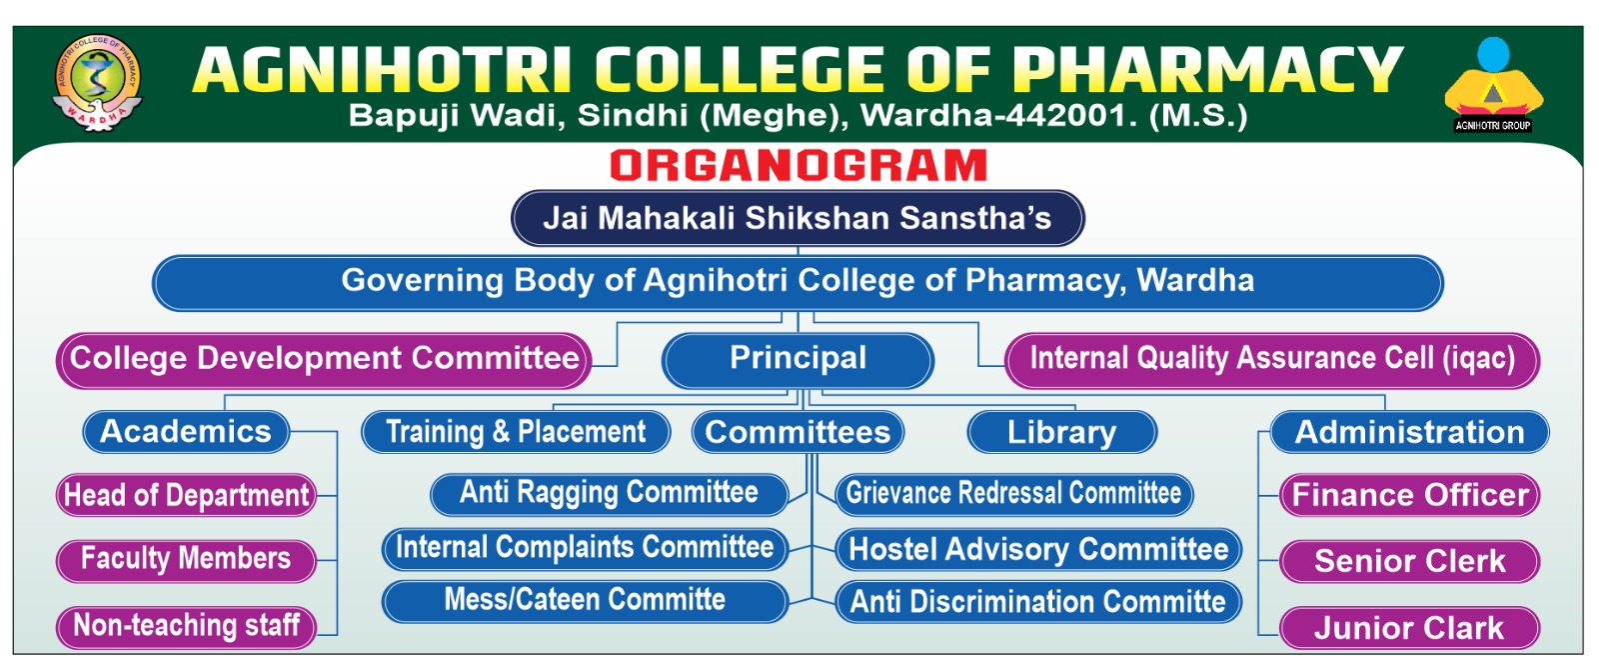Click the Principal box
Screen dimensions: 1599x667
pyautogui.click(x=798, y=361)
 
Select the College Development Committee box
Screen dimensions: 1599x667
pyautogui.click(x=324, y=361)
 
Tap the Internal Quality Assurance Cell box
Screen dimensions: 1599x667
pyautogui.click(x=1272, y=361)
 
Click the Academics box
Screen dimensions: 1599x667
pyautogui.click(x=186, y=432)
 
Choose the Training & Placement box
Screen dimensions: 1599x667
pyautogui.click(x=516, y=432)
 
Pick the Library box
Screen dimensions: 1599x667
pyautogui.click(x=1061, y=432)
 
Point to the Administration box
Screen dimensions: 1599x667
pyautogui.click(x=1409, y=432)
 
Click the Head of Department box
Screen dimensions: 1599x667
pyautogui.click(x=186, y=495)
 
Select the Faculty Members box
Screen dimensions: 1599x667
pyautogui.click(x=186, y=561)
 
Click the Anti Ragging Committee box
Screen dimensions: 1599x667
pyautogui.click(x=609, y=494)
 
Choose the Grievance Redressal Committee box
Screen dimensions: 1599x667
pyautogui.click(x=1013, y=494)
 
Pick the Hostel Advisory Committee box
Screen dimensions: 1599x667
pyautogui.click(x=1038, y=549)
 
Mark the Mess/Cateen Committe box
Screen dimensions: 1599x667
pyautogui.click(x=585, y=601)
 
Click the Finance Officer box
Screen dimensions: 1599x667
pyautogui.click(x=1409, y=495)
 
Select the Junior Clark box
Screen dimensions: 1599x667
pyautogui.click(x=1409, y=628)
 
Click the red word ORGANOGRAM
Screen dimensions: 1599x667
pyautogui.click(x=799, y=166)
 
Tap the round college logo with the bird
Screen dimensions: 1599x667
pyautogui.click(x=98, y=82)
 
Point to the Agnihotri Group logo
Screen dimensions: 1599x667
pyautogui.click(x=1493, y=84)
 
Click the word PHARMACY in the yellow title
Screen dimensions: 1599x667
pyautogui.click(x=1207, y=70)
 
